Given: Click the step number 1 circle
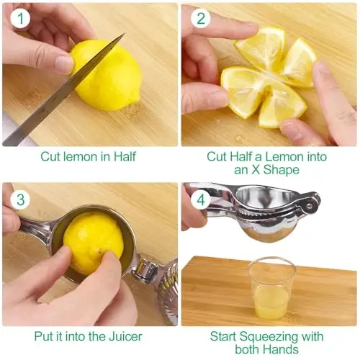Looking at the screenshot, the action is (20, 19).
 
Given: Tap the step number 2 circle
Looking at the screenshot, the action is (201, 19).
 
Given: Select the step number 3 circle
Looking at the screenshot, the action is (20, 199).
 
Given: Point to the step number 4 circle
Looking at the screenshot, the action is (201, 199).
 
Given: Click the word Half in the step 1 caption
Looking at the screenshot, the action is (125, 157).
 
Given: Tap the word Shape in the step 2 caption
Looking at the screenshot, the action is (282, 170).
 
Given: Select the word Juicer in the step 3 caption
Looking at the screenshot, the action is (125, 336).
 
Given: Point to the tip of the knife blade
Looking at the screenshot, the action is (125, 34).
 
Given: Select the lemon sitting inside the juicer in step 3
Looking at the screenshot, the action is (93, 243).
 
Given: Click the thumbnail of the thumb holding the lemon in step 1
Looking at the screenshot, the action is (64, 64).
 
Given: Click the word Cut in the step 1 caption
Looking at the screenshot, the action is (50, 157).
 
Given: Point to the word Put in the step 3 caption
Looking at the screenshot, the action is (44, 336).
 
